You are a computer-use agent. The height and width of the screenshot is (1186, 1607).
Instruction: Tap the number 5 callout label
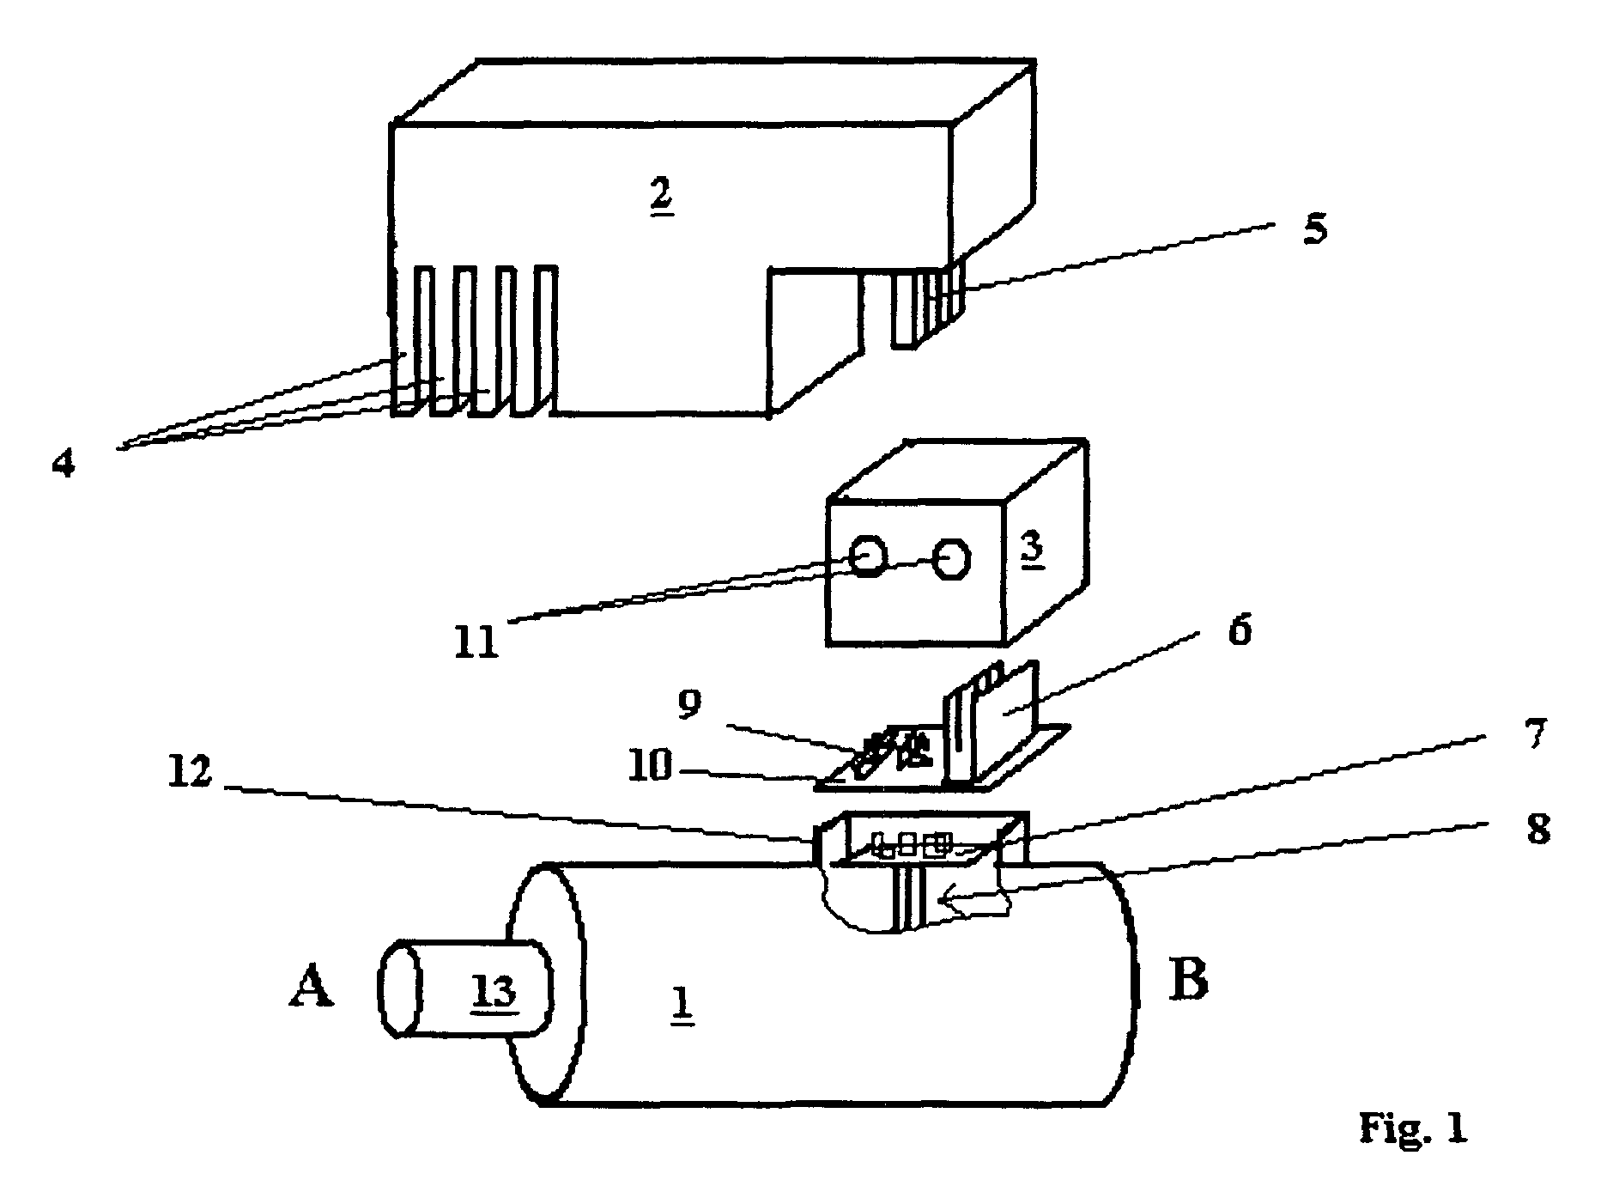1314,229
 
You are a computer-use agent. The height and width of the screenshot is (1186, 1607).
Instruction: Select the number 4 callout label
64,466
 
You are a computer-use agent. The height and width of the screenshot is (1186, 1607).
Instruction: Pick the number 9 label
688,703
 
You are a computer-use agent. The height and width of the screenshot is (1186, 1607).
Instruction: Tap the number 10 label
650,766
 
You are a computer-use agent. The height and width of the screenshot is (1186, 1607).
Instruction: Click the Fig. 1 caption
1413,1127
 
